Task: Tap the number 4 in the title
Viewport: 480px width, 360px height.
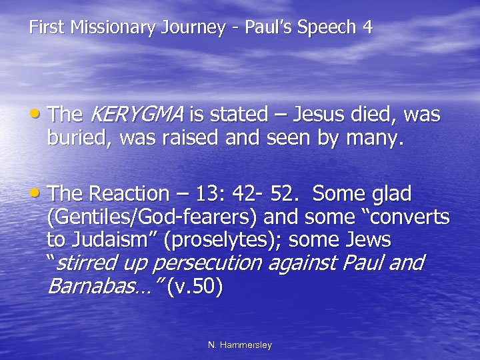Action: pos(367,28)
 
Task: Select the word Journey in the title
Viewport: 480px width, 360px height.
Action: pos(187,28)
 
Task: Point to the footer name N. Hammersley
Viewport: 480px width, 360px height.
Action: pos(240,345)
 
